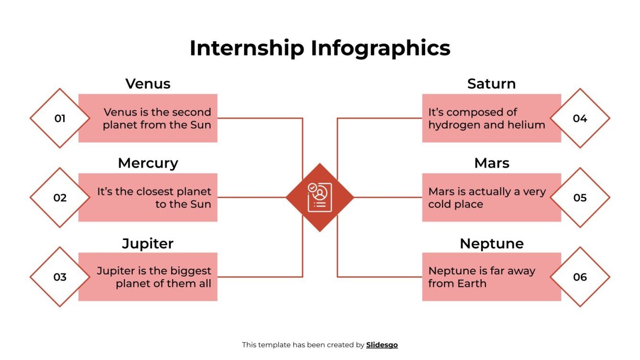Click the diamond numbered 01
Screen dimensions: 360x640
pyautogui.click(x=60, y=118)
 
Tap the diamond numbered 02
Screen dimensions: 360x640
pyautogui.click(x=60, y=197)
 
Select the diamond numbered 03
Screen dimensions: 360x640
pyautogui.click(x=60, y=277)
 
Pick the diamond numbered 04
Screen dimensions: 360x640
pyautogui.click(x=580, y=118)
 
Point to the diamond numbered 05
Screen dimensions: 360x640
pyautogui.click(x=580, y=197)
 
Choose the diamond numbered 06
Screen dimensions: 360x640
pyautogui.click(x=580, y=277)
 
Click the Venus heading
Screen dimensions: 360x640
pyautogui.click(x=148, y=84)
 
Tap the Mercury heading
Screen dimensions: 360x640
pyautogui.click(x=148, y=163)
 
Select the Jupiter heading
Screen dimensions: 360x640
pyautogui.click(x=148, y=243)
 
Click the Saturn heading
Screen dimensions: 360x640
pyautogui.click(x=491, y=84)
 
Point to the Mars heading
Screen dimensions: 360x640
pyautogui.click(x=491, y=163)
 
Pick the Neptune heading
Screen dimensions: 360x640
pyautogui.click(x=491, y=243)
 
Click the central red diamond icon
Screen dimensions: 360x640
pyautogui.click(x=320, y=197)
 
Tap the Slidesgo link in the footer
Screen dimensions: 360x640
pyautogui.click(x=382, y=345)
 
